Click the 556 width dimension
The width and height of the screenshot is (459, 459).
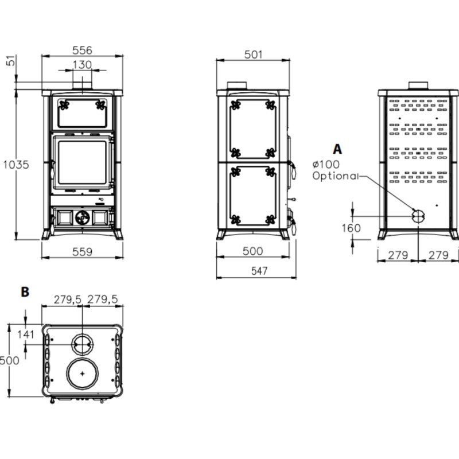point(82,50)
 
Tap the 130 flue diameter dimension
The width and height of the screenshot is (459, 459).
point(82,65)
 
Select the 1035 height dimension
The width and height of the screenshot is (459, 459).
point(16,165)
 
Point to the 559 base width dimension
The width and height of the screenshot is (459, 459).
point(82,252)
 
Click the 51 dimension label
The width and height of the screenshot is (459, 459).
point(11,60)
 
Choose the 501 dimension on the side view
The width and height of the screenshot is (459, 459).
point(253,55)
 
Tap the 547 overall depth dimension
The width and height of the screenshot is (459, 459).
point(259,271)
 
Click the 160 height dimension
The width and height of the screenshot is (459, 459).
point(351,228)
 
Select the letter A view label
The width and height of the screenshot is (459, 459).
point(337,149)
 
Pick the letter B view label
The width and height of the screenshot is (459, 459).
point(25,292)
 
